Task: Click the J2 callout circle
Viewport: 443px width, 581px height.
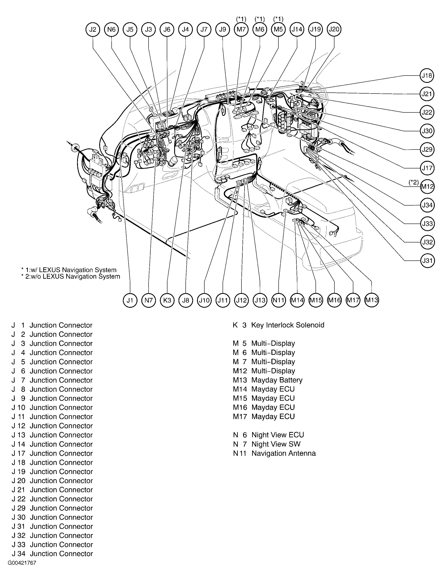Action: pos(93,30)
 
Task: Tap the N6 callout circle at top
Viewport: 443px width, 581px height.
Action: pos(111,30)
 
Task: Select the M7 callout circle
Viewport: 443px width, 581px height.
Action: pos(241,30)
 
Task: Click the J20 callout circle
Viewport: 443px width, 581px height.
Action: pos(334,29)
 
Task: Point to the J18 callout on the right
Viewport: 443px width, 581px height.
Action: pos(427,76)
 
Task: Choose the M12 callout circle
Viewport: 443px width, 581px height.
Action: pos(427,187)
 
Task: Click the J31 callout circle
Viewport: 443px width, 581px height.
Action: pos(427,261)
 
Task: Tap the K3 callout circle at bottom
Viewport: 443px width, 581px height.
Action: pos(167,300)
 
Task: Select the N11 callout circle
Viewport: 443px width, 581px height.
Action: pos(278,300)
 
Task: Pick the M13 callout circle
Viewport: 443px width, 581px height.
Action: pos(371,300)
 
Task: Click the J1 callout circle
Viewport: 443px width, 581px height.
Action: pos(130,300)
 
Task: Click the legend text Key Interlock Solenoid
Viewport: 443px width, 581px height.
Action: pos(288,325)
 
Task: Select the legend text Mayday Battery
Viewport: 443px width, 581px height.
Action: pos(277,380)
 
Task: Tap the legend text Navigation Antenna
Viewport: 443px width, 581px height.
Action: pos(283,453)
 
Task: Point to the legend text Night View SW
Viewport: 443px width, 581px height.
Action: pos(276,444)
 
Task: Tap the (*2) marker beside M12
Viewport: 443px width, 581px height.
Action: pos(413,182)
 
